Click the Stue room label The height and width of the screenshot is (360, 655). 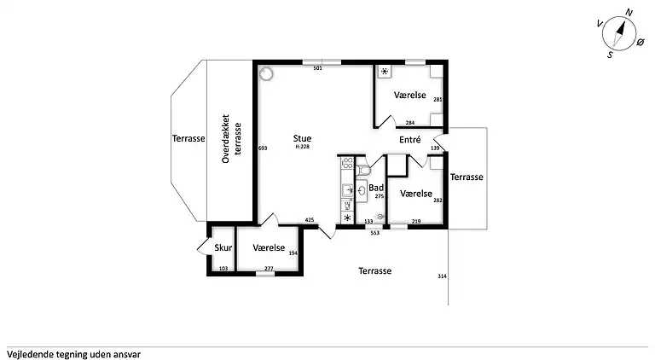(302, 138)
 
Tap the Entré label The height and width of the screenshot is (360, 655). (409, 140)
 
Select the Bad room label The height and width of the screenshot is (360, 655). (376, 188)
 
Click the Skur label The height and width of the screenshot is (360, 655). (223, 247)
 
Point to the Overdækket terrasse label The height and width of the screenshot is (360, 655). (231, 139)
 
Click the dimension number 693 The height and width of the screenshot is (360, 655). (263, 148)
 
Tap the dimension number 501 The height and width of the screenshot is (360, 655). (318, 68)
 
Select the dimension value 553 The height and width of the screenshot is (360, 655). (375, 233)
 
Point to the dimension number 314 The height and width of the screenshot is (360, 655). (442, 276)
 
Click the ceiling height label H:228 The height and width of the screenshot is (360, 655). (302, 147)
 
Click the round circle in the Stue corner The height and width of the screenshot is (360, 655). (266, 74)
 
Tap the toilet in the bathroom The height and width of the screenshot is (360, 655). (363, 171)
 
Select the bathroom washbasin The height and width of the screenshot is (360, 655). (362, 191)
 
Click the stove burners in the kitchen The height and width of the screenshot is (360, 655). (347, 163)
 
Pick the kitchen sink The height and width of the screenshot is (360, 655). (347, 191)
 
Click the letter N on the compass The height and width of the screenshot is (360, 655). (629, 13)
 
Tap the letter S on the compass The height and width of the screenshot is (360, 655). (610, 55)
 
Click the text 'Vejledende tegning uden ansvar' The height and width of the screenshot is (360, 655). (73, 355)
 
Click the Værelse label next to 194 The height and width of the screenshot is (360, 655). (269, 247)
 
